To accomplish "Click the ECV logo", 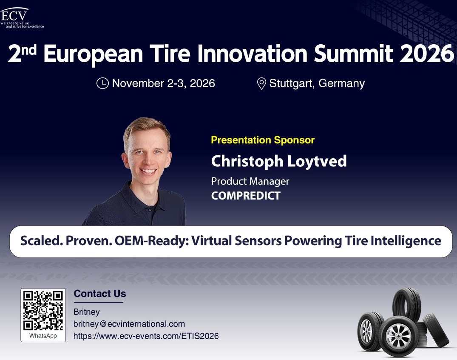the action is tap(22, 18).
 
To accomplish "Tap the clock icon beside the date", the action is tap(102, 83).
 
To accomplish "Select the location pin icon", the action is tap(261, 83).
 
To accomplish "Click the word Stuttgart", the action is tap(292, 83).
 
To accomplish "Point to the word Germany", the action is tap(342, 83).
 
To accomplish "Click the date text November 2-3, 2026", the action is tap(164, 83).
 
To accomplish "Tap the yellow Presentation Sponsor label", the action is tap(263, 140).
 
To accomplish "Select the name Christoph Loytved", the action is tap(279, 161).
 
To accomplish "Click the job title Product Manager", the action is tap(250, 181).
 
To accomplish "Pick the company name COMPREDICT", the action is tap(246, 196).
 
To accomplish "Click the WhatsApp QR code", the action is tap(43, 310).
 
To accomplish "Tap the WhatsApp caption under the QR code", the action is tap(43, 336).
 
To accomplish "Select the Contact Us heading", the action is tap(99, 294).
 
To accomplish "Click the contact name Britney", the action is tap(87, 312).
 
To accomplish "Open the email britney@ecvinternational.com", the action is tap(129, 324).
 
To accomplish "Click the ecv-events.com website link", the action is tap(146, 336).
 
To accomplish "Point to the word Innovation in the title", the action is tap(253, 54).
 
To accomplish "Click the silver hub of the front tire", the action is tap(398, 336).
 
